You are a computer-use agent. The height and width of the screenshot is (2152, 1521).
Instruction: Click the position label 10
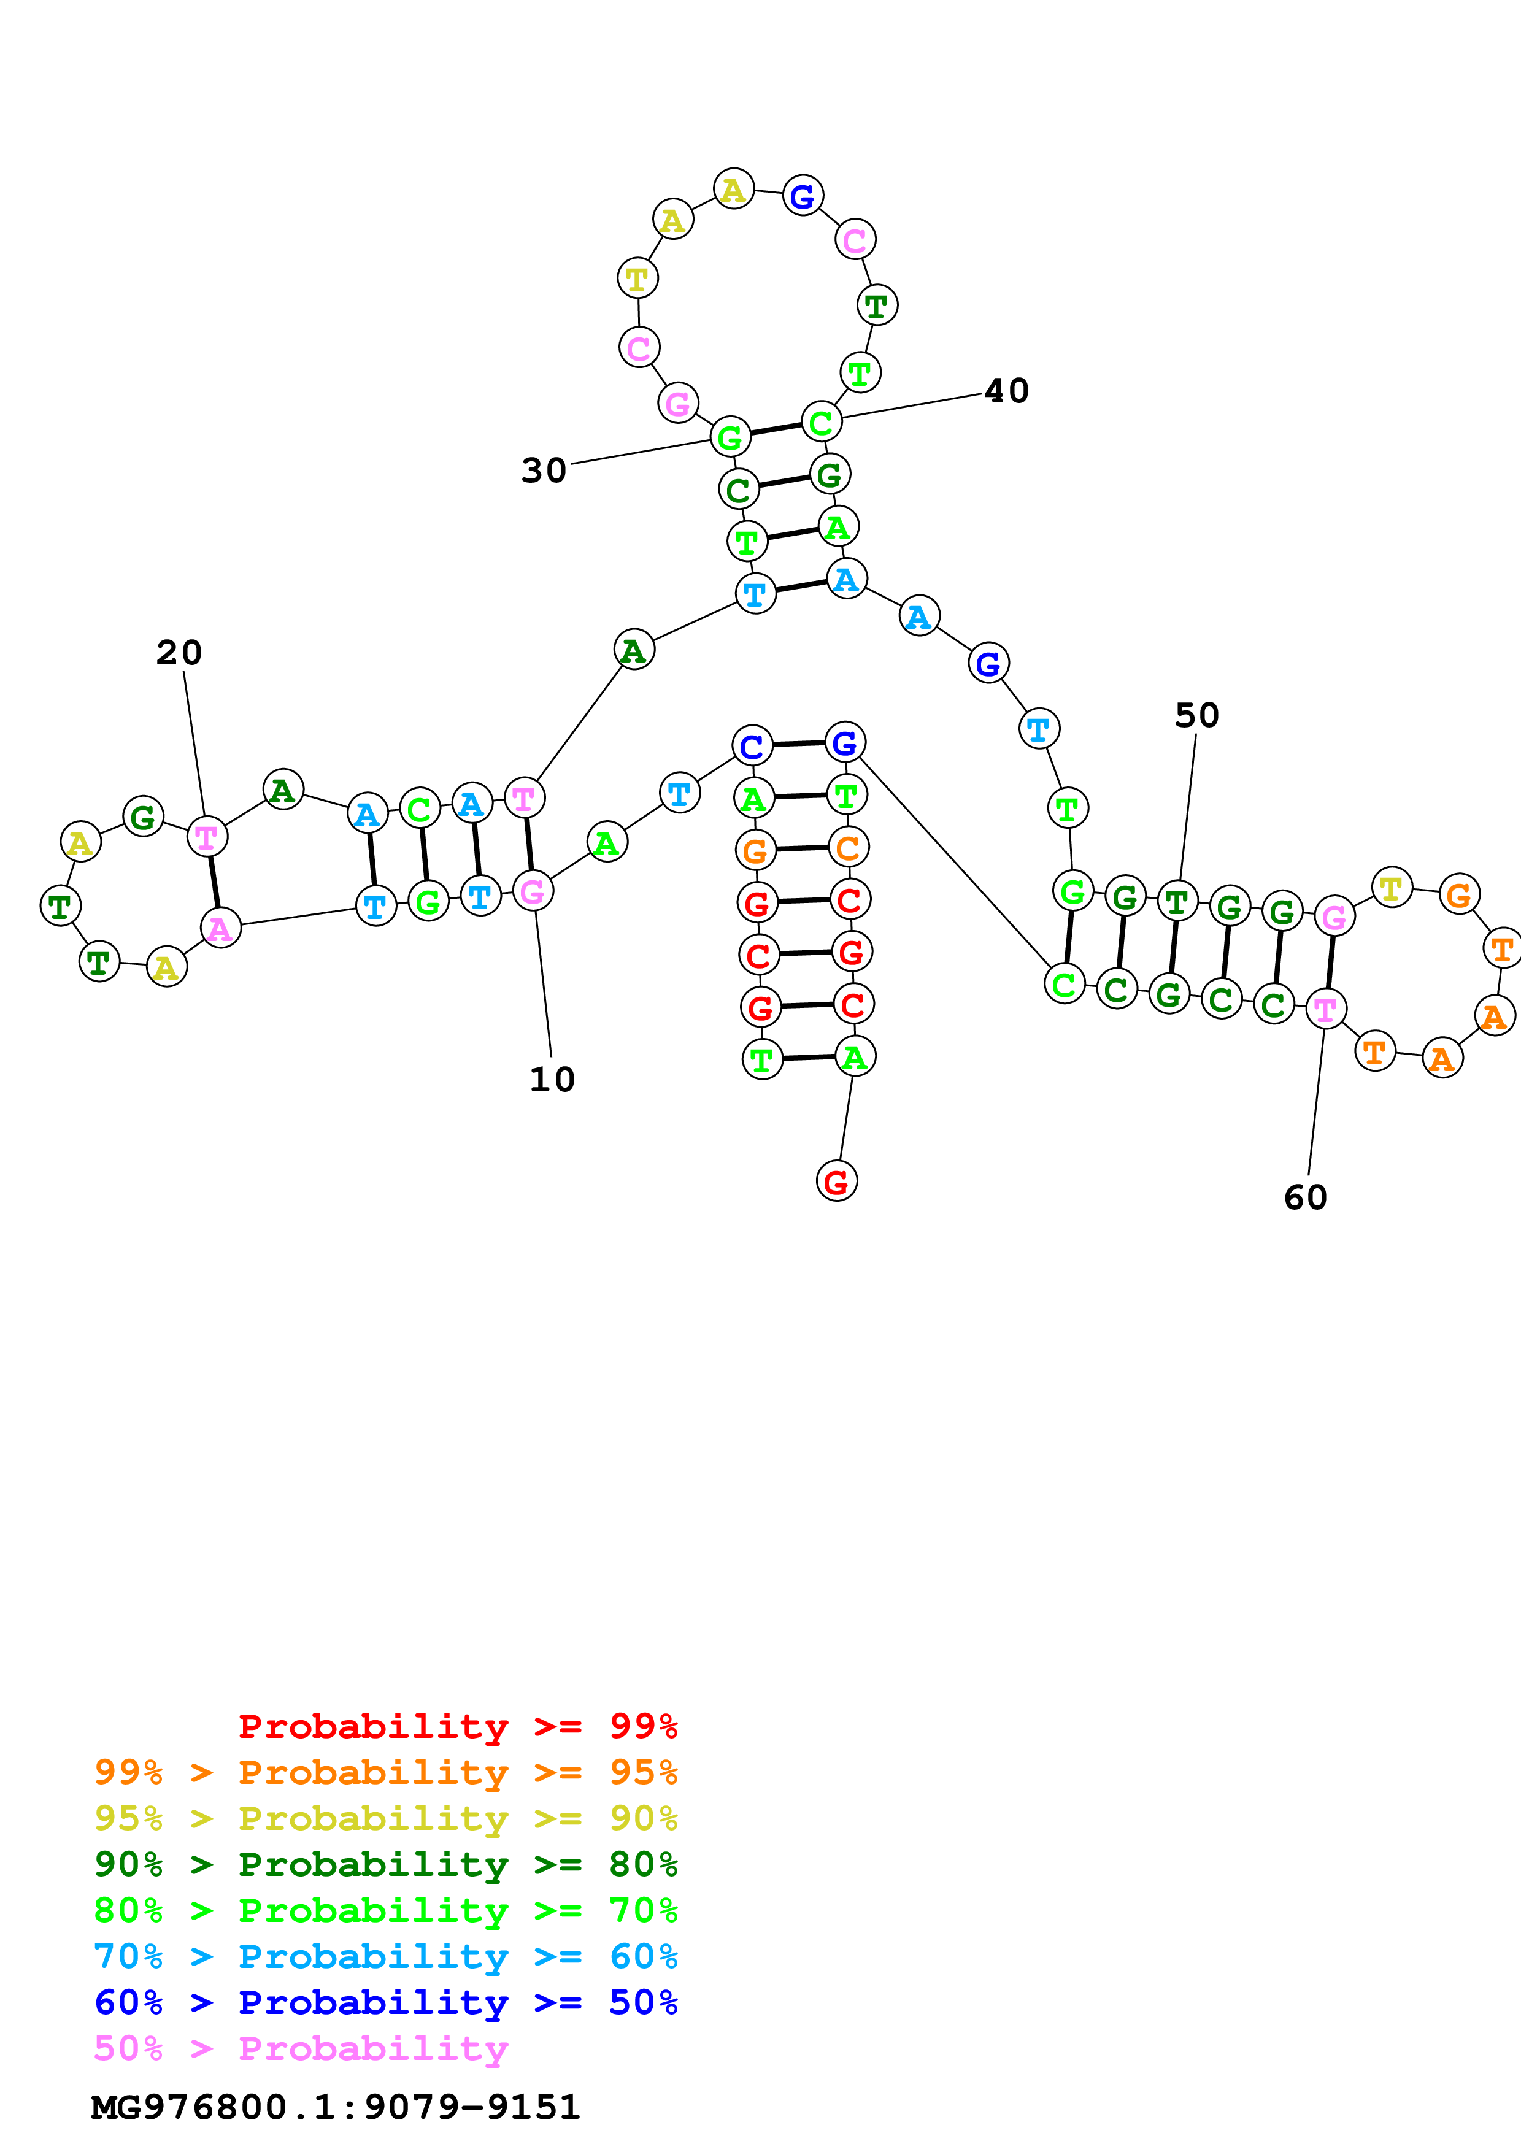click(552, 1080)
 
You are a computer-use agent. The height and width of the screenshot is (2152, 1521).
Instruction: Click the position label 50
click(1197, 715)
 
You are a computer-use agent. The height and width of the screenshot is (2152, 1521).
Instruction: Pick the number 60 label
click(1306, 1197)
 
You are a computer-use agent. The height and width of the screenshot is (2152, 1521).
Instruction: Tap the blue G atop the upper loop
click(802, 196)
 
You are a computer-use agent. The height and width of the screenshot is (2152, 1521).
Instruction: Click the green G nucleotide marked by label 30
click(729, 437)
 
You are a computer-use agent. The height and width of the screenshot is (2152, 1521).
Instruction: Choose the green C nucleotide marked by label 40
click(821, 423)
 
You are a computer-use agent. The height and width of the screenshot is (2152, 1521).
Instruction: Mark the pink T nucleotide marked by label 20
click(206, 837)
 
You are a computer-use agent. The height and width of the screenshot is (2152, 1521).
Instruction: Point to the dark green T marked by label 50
click(1177, 902)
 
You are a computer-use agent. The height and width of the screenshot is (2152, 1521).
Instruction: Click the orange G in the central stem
click(755, 851)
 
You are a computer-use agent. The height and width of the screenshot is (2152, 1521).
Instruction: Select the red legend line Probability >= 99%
click(457, 1726)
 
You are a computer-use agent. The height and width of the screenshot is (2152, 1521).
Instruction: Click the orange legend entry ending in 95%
click(386, 1772)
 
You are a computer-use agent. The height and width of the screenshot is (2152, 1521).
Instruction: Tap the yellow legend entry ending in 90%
click(386, 1818)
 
